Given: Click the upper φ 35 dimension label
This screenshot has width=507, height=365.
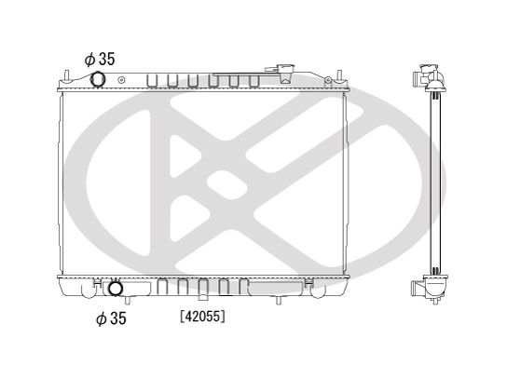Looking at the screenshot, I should point(99,59).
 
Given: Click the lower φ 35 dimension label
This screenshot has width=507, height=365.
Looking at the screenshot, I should point(111,319).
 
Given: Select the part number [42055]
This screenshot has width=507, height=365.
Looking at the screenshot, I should point(202,317).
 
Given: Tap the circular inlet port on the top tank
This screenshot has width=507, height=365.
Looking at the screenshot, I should point(99,81).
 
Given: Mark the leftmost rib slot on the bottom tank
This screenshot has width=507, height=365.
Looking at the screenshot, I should point(162,287).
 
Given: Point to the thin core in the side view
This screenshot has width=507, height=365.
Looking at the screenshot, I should point(433,182).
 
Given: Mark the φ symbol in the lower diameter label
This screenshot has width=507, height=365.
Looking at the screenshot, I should point(101,319).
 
